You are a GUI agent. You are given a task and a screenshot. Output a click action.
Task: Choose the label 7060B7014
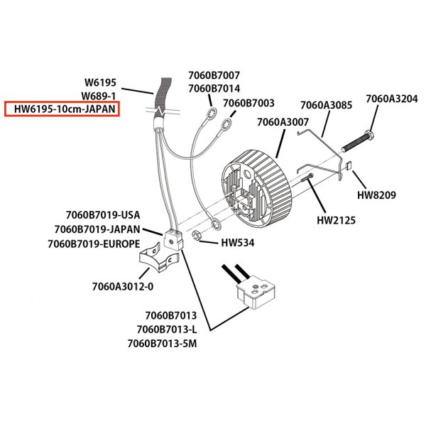pyautogui.click(x=214, y=89)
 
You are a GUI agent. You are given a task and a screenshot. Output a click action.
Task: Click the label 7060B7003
pyautogui.click(x=248, y=104)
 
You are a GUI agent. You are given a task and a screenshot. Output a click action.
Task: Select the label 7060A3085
pyautogui.click(x=326, y=105)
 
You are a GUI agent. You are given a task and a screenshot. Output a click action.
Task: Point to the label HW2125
pyautogui.click(x=335, y=221)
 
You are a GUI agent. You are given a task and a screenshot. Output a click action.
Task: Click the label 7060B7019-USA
pyautogui.click(x=102, y=215)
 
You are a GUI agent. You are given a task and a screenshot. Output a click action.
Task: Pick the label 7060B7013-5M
pyautogui.click(x=162, y=344)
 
